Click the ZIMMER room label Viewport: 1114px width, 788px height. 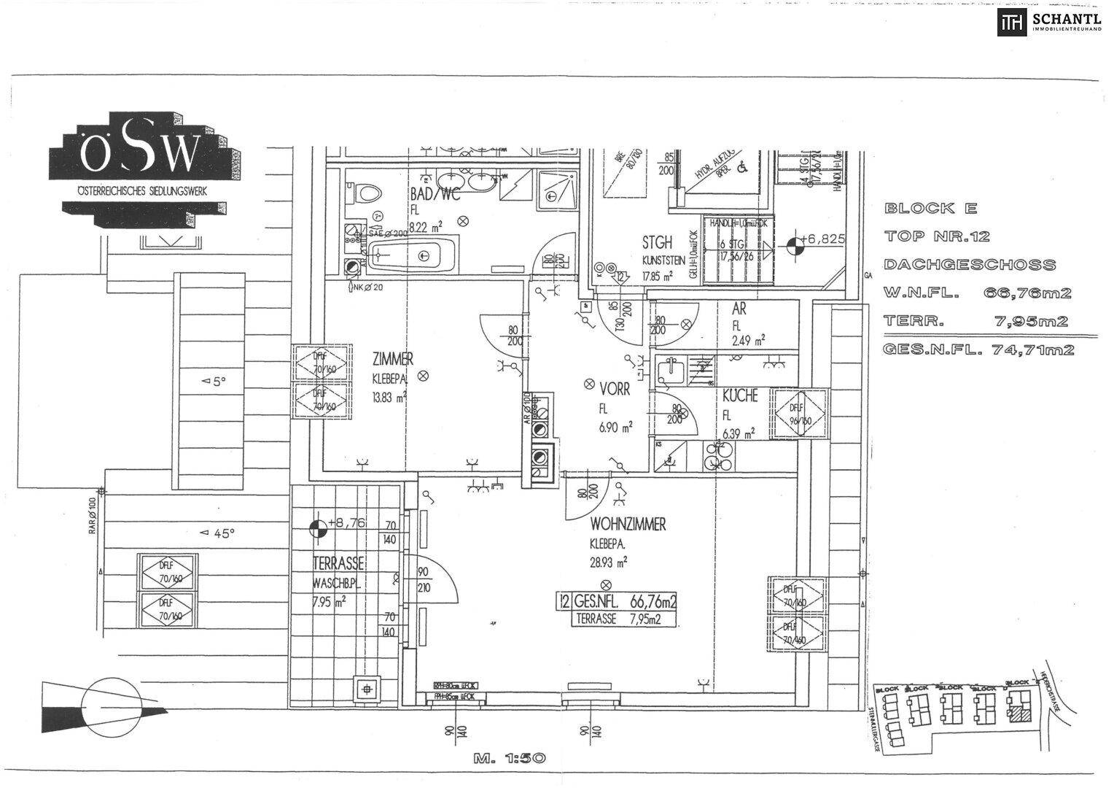pos(393,359)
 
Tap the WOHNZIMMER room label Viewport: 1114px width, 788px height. pos(628,525)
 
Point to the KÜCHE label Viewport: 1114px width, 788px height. pos(740,396)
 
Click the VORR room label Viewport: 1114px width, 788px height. pos(613,390)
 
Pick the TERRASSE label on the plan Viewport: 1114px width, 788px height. pos(338,563)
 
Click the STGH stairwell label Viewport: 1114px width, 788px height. pos(657,242)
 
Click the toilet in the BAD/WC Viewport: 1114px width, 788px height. pos(365,193)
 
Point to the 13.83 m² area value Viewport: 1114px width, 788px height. pos(388,398)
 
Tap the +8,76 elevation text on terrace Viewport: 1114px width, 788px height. pos(346,523)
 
